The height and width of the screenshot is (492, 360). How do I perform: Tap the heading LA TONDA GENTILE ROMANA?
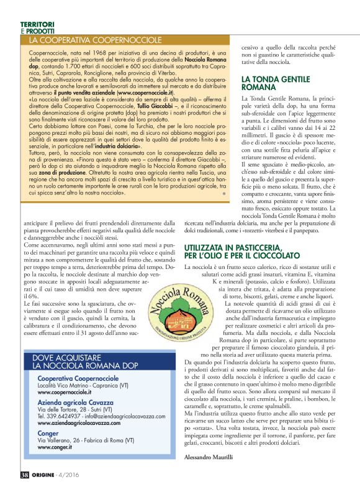(x=276, y=84)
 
